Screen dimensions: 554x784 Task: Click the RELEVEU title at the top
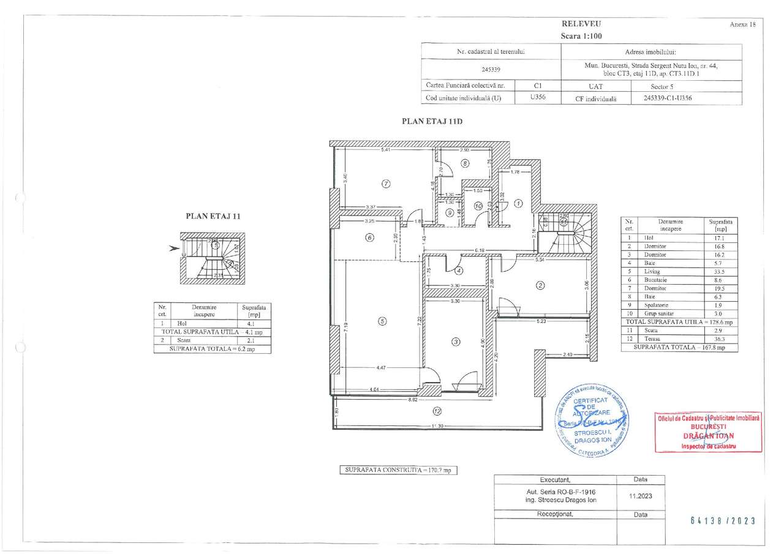[x=581, y=23]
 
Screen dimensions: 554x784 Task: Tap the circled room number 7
[x=386, y=183]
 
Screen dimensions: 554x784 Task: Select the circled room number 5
[x=382, y=320]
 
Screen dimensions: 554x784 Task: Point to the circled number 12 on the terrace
[x=436, y=410]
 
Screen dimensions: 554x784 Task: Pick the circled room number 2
[x=540, y=284]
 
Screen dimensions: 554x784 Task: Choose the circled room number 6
[x=369, y=238]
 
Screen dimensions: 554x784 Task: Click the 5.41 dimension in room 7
[x=385, y=150]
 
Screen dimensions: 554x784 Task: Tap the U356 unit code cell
[x=538, y=97]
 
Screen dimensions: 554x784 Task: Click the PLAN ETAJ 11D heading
[x=431, y=121]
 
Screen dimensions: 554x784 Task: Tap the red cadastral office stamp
[x=709, y=432]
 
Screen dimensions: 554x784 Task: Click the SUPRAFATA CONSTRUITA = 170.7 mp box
[x=399, y=470]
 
